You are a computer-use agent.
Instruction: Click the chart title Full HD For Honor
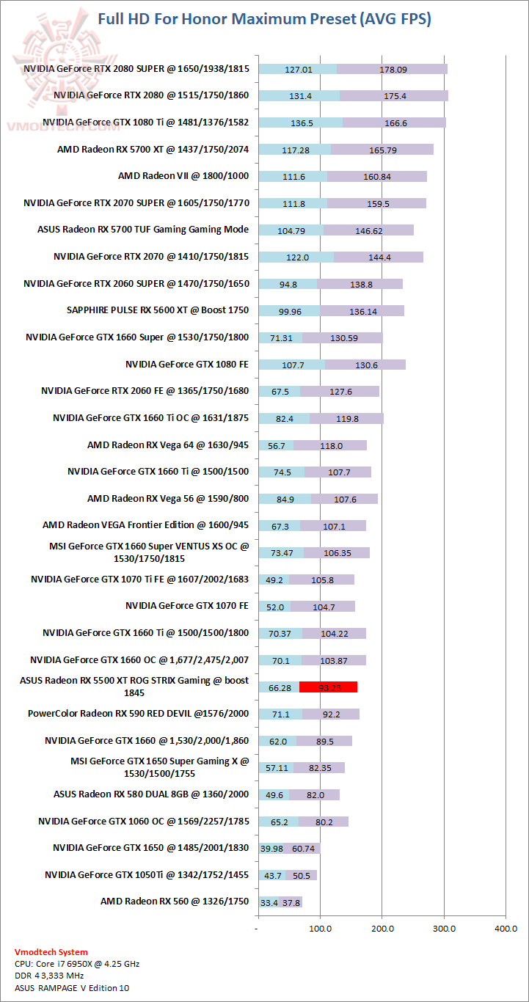coord(264,19)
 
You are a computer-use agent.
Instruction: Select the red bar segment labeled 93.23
coord(328,687)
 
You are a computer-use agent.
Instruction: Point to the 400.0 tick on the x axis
coord(506,928)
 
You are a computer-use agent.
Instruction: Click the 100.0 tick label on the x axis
coord(320,928)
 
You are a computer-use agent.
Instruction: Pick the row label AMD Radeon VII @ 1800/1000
coord(183,176)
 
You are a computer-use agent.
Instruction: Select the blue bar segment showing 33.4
coord(269,902)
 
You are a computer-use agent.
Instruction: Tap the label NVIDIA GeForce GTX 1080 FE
coord(187,364)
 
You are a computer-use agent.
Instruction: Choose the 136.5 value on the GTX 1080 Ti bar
coord(302,123)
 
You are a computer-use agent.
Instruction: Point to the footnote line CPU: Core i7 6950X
coord(77,964)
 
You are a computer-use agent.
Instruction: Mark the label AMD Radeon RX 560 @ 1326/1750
coord(175,902)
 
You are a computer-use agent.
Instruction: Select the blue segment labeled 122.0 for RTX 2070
coord(296,257)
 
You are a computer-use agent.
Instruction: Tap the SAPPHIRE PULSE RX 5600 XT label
coord(158,310)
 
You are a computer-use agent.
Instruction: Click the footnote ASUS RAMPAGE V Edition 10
coord(70,987)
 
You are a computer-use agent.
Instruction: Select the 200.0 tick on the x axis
coord(382,928)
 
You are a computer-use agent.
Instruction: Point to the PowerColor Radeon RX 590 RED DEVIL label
coord(138,714)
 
